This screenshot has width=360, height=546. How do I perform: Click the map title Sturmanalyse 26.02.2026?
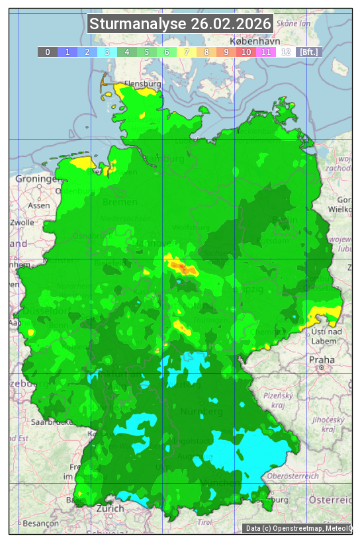180,24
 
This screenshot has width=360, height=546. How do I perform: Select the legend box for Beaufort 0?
47,52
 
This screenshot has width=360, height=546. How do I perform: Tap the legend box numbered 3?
107,52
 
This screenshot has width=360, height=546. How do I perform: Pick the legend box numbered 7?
187,52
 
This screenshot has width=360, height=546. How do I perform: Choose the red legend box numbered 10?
246,52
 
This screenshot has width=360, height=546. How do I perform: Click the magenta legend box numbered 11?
266,52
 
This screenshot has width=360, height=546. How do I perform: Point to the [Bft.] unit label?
309,52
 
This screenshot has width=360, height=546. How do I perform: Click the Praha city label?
321,359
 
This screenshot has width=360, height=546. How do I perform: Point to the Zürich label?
110,508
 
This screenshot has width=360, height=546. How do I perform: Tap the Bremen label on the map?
120,202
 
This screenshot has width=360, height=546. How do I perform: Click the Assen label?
39,205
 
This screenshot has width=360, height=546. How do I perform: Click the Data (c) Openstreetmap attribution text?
298,528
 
